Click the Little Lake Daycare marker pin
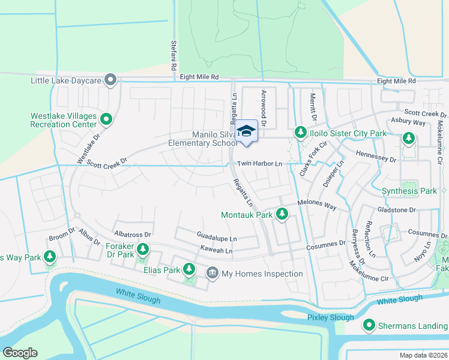pos(110,79)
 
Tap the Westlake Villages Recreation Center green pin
pos(106,119)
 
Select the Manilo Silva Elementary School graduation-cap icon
pos(246,131)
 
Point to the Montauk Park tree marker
pos(282,214)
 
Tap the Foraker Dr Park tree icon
pos(142,248)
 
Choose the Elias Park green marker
pos(189,269)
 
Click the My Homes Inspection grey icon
pos(212,274)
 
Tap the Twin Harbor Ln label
pos(259,164)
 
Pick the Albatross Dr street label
pos(132,234)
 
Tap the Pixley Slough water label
pos(330,317)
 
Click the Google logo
pos(20,353)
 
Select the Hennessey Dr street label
pos(376,160)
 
